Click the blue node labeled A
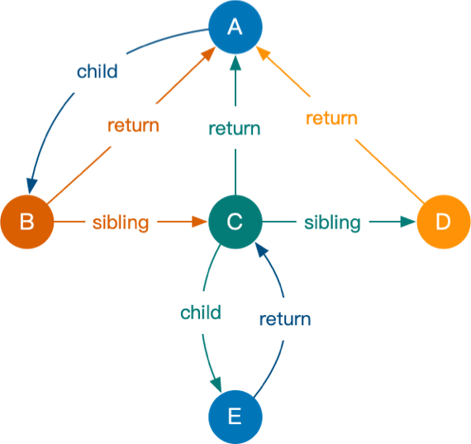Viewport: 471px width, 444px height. point(235,27)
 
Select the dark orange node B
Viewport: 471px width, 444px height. point(26,222)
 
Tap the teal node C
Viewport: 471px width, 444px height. point(235,222)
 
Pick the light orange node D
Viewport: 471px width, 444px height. point(443,222)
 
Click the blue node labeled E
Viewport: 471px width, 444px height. point(235,416)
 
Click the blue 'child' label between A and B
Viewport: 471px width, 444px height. point(97,71)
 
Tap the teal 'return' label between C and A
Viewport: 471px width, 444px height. point(235,128)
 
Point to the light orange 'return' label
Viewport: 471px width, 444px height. point(331,118)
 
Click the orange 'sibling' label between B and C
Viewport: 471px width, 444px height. point(121,222)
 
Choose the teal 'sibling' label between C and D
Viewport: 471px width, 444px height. point(332,222)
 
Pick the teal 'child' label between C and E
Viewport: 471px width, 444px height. point(201,312)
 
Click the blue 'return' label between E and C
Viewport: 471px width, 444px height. point(285,319)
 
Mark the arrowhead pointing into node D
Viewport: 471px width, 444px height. point(407,222)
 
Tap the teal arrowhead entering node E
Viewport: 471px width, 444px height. point(216,385)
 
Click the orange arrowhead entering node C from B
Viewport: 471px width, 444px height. point(198,222)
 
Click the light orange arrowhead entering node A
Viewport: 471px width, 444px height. point(262,55)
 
